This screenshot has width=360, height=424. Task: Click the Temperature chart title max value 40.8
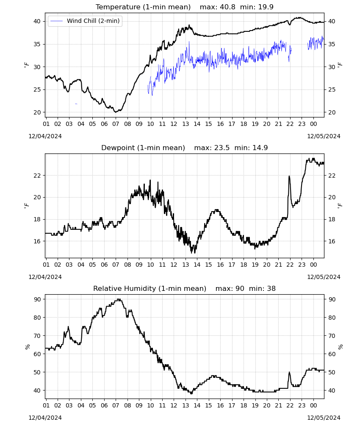pyautogui.click(x=227, y=7)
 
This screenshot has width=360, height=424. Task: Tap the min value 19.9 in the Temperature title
pyautogui.click(x=266, y=7)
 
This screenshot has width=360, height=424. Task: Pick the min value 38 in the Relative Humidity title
pyautogui.click(x=271, y=288)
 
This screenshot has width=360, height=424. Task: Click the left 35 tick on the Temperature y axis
pyautogui.click(x=37, y=44)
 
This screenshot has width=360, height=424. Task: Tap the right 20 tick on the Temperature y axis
pyautogui.click(x=332, y=112)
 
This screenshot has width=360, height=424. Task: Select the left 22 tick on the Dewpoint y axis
pyautogui.click(x=37, y=176)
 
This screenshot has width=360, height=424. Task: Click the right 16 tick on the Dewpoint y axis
pyautogui.click(x=332, y=241)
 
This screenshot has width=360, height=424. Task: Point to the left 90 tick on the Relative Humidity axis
pyautogui.click(x=37, y=299)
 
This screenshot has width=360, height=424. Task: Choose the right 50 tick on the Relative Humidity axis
pyautogui.click(x=332, y=372)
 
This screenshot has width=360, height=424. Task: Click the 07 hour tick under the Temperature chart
pyautogui.click(x=116, y=124)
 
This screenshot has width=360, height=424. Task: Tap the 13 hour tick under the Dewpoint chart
pyautogui.click(x=186, y=265)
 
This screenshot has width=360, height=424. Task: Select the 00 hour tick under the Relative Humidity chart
pyautogui.click(x=313, y=405)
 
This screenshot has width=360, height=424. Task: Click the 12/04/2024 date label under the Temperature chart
pyautogui.click(x=45, y=136)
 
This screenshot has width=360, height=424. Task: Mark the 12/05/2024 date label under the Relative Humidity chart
pyautogui.click(x=324, y=418)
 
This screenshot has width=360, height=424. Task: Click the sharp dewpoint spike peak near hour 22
pyautogui.click(x=289, y=176)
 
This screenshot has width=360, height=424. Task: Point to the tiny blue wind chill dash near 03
pyautogui.click(x=76, y=104)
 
